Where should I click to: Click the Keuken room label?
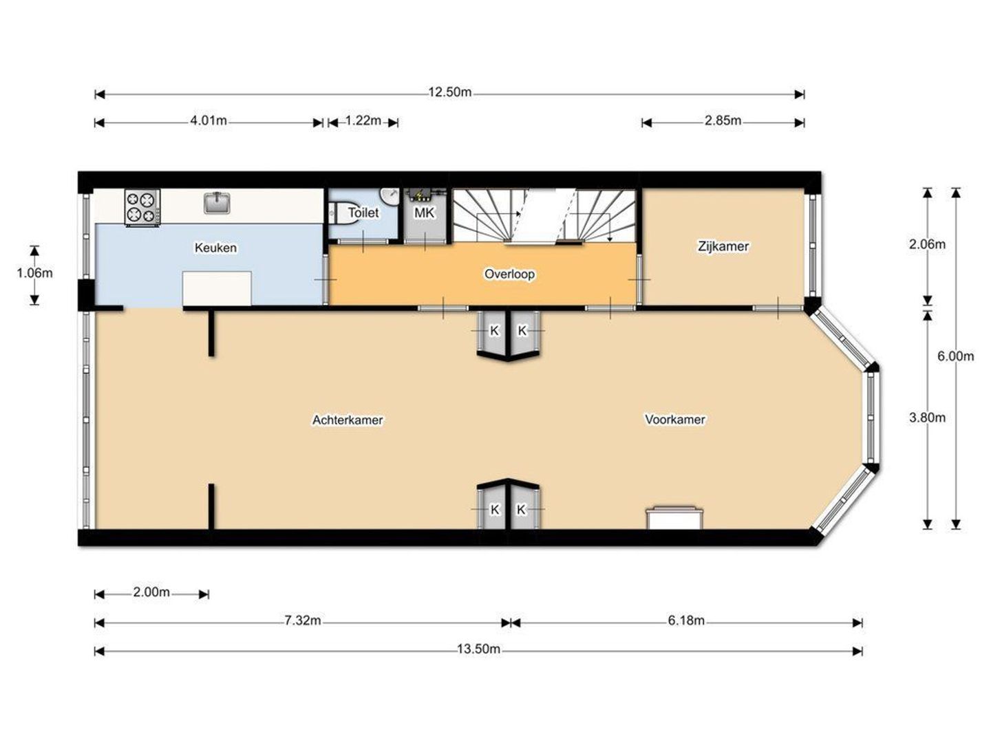pyautogui.click(x=215, y=248)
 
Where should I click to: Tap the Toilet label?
pyautogui.click(x=363, y=213)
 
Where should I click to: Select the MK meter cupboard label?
pyautogui.click(x=424, y=213)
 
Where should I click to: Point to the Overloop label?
pyautogui.click(x=509, y=274)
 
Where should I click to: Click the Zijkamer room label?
pyautogui.click(x=723, y=247)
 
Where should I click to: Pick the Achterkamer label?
pyautogui.click(x=348, y=420)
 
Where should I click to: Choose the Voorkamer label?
pyautogui.click(x=674, y=420)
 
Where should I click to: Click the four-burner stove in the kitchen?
pyautogui.click(x=142, y=207)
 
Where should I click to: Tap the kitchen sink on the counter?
pyautogui.click(x=217, y=202)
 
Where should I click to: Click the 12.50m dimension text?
pyautogui.click(x=449, y=92)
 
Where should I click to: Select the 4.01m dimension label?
pyautogui.click(x=208, y=121)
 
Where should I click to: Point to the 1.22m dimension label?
pyautogui.click(x=363, y=121)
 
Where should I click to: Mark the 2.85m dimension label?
pyautogui.click(x=723, y=121)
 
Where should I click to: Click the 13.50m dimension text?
pyautogui.click(x=478, y=649)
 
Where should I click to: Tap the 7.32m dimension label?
pyautogui.click(x=303, y=621)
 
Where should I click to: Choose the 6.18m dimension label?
pyautogui.click(x=686, y=621)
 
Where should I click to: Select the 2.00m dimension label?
pyautogui.click(x=151, y=592)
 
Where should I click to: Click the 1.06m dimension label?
pyautogui.click(x=35, y=273)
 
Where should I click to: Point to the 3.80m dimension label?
pyautogui.click(x=927, y=418)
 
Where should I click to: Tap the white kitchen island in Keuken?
pyautogui.click(x=217, y=289)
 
